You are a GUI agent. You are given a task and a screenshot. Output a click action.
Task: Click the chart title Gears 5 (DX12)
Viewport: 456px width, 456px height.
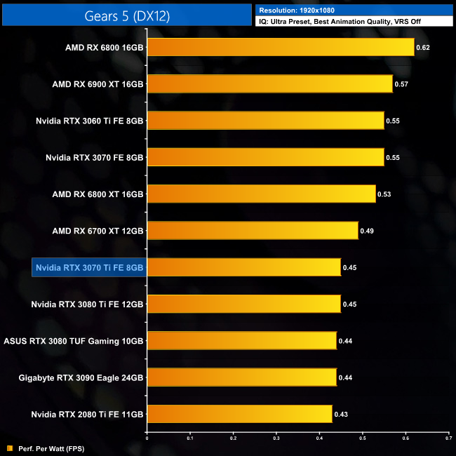(x=126, y=14)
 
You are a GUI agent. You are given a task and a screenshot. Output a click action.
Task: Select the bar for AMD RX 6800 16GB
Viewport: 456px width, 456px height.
(x=281, y=47)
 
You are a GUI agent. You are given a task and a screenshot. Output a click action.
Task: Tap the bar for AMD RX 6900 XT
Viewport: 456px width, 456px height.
(x=270, y=84)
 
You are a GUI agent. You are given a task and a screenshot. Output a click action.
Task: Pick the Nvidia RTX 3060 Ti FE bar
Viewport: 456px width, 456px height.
(x=266, y=121)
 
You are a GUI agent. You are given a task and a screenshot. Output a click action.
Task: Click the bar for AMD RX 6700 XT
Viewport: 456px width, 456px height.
(x=253, y=230)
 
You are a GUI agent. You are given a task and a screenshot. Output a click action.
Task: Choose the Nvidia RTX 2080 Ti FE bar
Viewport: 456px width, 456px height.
(x=239, y=414)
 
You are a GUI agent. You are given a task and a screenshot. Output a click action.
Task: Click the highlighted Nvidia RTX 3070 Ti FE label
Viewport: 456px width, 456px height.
(x=89, y=267)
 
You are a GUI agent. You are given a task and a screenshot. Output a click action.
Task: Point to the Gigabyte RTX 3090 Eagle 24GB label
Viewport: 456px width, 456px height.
(x=81, y=377)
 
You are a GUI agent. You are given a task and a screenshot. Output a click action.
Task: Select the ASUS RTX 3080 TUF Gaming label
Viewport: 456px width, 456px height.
(x=74, y=341)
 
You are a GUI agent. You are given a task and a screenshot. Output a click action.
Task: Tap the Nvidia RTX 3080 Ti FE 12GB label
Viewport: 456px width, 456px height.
(x=88, y=304)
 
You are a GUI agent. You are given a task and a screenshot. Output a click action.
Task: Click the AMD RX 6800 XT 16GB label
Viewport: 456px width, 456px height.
(x=98, y=194)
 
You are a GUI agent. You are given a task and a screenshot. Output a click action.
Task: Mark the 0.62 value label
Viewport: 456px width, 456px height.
(x=423, y=48)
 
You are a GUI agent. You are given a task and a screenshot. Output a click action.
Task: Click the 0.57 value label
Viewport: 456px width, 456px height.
(x=402, y=84)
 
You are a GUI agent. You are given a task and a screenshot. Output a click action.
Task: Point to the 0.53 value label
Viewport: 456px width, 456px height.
(x=385, y=194)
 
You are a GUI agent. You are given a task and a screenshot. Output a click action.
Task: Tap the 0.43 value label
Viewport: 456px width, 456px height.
(x=342, y=414)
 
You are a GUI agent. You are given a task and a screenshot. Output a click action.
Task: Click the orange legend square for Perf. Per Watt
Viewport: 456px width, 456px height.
(x=9, y=448)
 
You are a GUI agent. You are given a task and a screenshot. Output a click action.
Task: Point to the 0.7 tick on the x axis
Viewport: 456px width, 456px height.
(x=448, y=438)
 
